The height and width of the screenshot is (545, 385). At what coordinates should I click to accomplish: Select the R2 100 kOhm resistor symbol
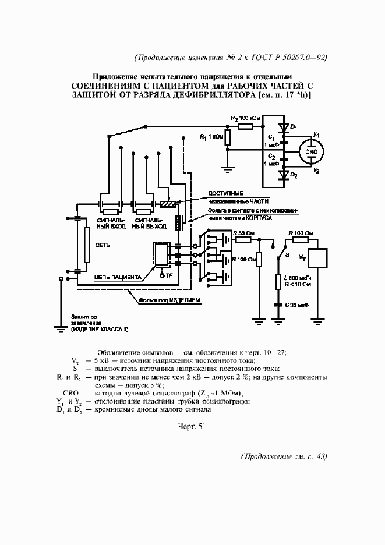[245, 125]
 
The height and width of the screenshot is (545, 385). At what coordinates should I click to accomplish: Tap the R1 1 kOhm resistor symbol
[228, 137]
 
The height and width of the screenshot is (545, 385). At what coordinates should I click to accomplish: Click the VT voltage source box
[319, 257]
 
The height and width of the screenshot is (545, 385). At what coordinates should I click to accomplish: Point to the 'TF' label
[169, 275]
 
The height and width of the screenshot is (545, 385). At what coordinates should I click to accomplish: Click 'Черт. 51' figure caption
[192, 426]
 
